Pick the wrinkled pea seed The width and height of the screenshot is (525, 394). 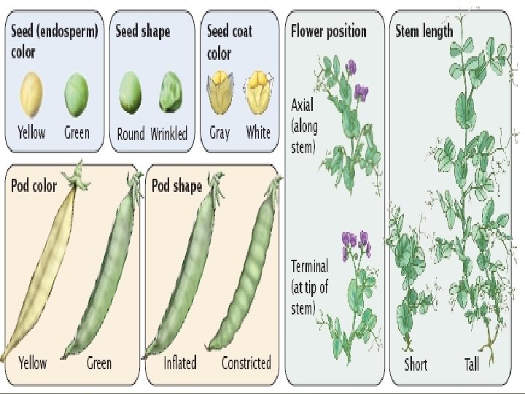click(171, 93)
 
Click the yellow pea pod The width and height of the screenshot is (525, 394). click(40, 270)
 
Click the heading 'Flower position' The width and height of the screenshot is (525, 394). click(328, 31)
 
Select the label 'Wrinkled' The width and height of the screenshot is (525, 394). click(169, 134)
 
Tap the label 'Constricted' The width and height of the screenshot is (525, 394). click(246, 363)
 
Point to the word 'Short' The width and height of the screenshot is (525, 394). click(416, 363)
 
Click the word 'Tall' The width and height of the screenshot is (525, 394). click(471, 363)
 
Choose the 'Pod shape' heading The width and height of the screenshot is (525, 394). click(176, 185)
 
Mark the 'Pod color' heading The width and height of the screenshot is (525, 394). click(34, 185)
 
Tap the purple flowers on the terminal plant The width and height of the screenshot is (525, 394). click(355, 243)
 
